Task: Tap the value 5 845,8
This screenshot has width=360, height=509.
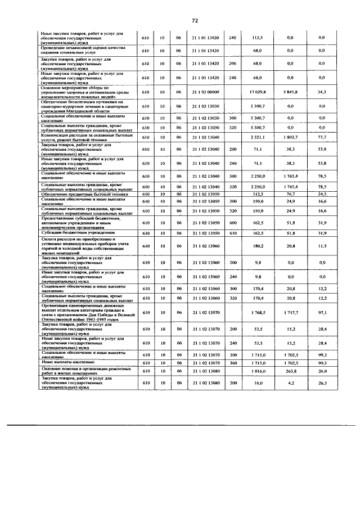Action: coord(290,91)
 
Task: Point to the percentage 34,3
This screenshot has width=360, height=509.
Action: coord(322,91)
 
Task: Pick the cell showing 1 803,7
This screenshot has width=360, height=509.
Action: coord(290,137)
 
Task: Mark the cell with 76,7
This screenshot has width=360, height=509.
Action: coord(290,193)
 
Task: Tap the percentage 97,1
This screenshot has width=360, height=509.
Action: coord(322,312)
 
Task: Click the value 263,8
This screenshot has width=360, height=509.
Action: coord(290,371)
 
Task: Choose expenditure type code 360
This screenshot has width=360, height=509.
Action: coord(232,363)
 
